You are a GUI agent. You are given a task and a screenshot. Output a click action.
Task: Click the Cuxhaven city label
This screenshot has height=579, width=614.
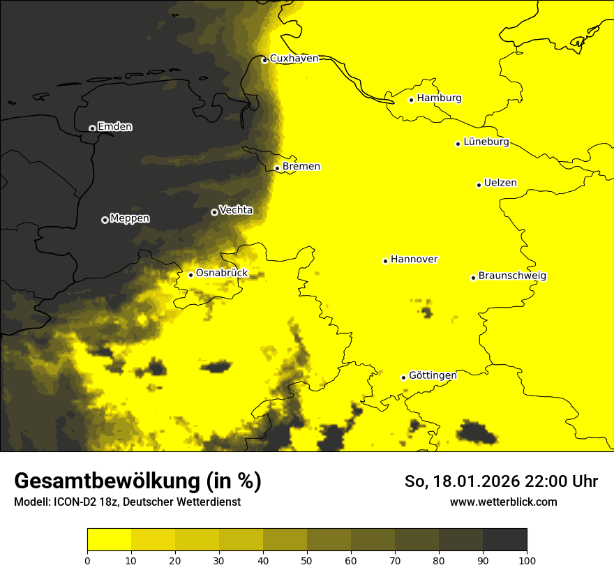294,59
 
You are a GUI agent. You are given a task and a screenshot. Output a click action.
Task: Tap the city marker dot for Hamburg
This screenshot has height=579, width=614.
412,100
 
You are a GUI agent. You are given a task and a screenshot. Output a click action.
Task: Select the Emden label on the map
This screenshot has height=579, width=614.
114,127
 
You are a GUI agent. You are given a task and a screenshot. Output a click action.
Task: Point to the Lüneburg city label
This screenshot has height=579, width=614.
486,142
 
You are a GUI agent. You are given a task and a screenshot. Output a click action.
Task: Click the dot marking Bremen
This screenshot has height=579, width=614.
277,168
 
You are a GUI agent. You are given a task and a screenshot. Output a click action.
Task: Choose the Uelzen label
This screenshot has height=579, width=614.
500,183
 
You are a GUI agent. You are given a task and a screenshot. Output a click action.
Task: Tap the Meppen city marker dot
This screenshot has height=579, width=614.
105,220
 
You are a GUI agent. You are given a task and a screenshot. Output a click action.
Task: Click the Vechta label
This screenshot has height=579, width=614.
236,210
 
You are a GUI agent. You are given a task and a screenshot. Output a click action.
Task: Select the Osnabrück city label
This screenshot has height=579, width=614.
222,273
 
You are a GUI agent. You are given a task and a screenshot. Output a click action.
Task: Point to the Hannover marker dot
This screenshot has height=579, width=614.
385,261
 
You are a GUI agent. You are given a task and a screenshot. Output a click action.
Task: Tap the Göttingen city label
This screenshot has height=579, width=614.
433,375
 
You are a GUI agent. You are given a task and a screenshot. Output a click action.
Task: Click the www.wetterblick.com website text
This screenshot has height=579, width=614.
503,502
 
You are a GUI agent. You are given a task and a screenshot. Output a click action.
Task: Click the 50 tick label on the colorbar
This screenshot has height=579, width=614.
307,560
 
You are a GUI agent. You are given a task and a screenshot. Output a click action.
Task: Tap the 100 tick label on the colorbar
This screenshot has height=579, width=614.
527,560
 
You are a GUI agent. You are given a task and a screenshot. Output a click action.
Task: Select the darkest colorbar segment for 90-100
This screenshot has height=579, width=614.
504,540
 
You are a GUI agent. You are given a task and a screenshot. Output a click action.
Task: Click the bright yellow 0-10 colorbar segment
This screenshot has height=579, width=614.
109,540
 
